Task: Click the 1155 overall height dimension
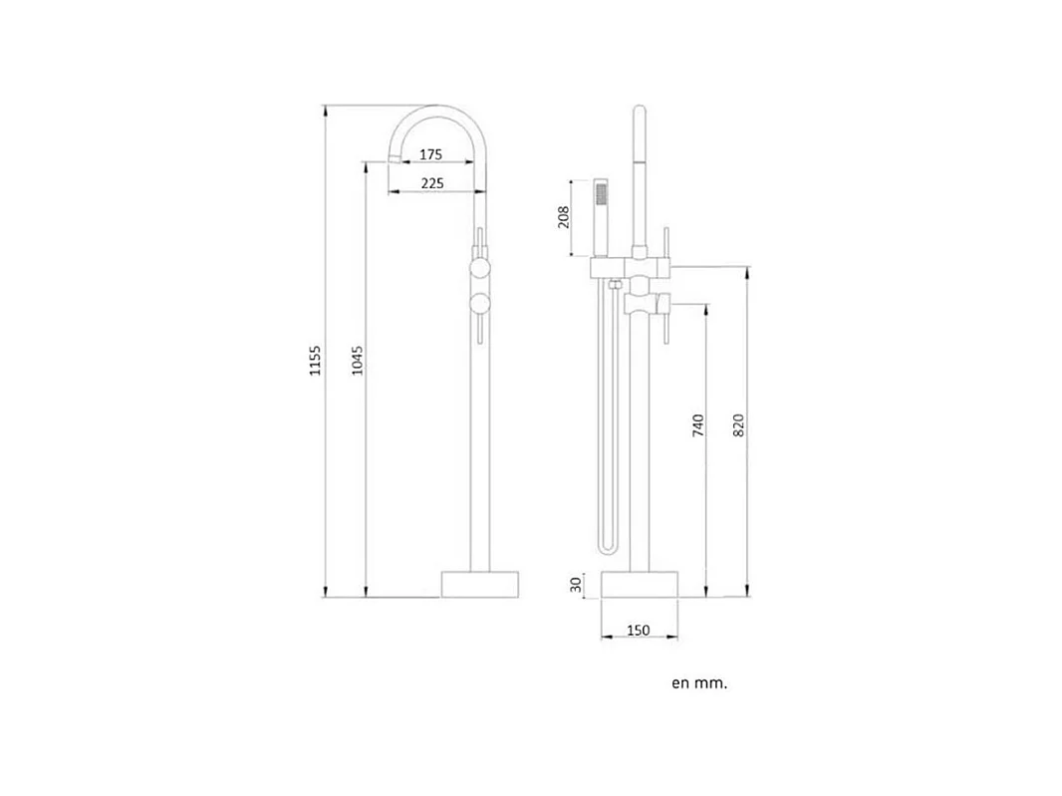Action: pyautogui.click(x=315, y=361)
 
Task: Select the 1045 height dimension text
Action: pyautogui.click(x=357, y=361)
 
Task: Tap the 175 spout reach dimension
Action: pyautogui.click(x=430, y=154)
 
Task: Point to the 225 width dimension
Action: pyautogui.click(x=432, y=183)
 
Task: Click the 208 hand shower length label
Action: pyautogui.click(x=564, y=217)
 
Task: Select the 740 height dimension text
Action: pyautogui.click(x=698, y=425)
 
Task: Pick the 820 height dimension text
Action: pyautogui.click(x=738, y=424)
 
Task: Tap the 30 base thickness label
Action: pyautogui.click(x=576, y=585)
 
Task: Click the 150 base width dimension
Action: pyautogui.click(x=638, y=630)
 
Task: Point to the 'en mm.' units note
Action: pyautogui.click(x=699, y=682)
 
